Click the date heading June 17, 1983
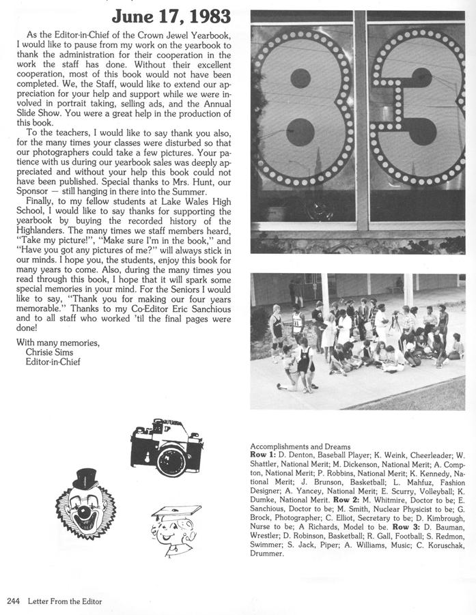pyautogui.click(x=171, y=16)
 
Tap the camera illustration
pyautogui.click(x=167, y=448)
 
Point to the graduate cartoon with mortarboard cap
pyautogui.click(x=173, y=530)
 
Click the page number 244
pyautogui.click(x=13, y=601)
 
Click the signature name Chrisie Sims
pyautogui.click(x=48, y=352)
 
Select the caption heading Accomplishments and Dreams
pyautogui.click(x=300, y=446)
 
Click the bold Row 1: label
pyautogui.click(x=263, y=455)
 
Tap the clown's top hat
pyautogui.click(x=85, y=478)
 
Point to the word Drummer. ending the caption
pyautogui.click(x=267, y=554)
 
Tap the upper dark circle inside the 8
pyautogui.click(x=300, y=78)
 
